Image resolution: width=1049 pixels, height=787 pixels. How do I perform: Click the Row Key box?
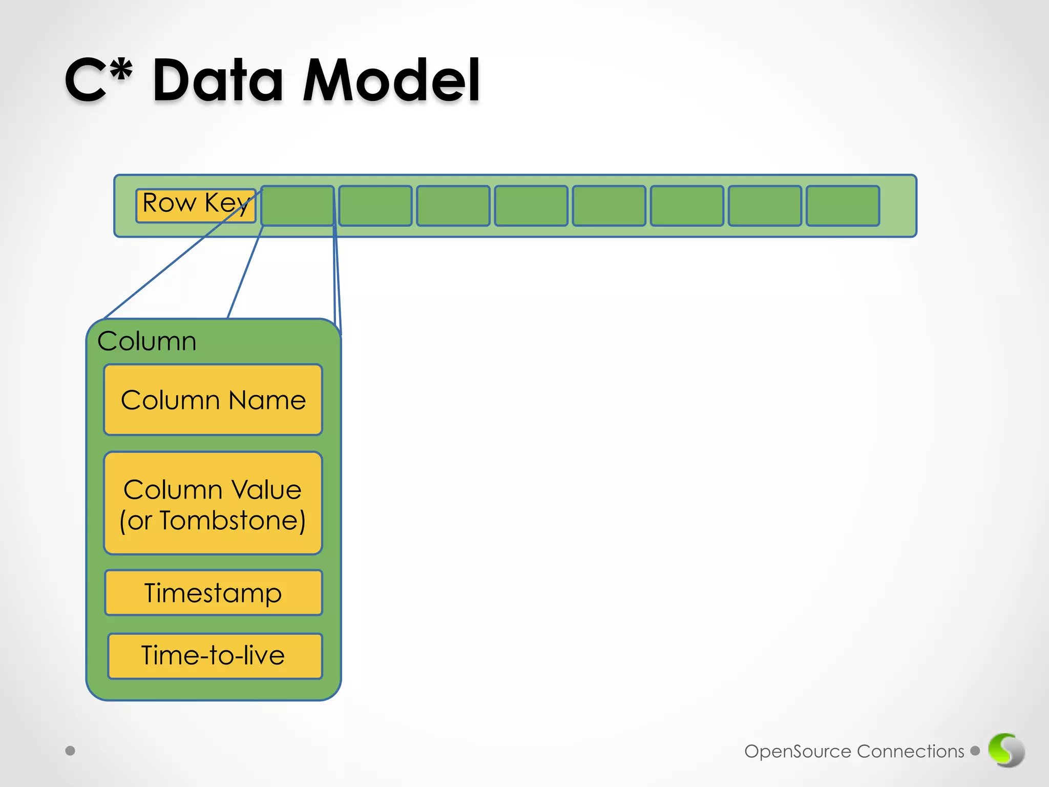(x=195, y=205)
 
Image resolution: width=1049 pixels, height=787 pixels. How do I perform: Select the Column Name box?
(x=213, y=400)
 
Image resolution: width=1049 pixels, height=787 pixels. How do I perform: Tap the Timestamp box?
(x=213, y=593)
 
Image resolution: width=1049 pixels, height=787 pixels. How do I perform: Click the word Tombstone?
(x=233, y=521)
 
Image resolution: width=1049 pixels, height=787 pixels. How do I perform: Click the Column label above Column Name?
(x=147, y=341)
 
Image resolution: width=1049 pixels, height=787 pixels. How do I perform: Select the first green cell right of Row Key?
(x=298, y=205)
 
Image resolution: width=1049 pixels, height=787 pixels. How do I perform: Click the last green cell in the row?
(x=843, y=205)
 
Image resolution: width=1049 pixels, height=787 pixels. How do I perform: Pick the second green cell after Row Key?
(x=375, y=205)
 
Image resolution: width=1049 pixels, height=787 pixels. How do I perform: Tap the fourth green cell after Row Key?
(x=531, y=205)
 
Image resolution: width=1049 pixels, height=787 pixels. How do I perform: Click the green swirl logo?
(x=1006, y=750)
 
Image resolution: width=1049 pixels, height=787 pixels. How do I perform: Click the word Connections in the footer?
(x=910, y=751)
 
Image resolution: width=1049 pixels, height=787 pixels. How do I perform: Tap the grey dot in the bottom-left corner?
(x=71, y=751)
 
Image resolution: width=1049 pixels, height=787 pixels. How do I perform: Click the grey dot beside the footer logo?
(x=975, y=751)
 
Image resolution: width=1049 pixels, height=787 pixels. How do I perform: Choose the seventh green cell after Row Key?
(x=765, y=205)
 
